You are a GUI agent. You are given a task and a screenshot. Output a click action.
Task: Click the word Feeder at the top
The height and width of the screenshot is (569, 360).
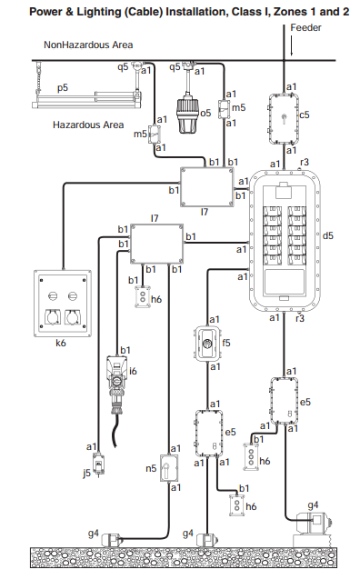(305, 27)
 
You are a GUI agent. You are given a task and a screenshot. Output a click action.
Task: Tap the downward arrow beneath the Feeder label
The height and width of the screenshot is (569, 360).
(292, 45)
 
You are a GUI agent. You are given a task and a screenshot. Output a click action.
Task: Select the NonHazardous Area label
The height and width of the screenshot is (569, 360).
(88, 45)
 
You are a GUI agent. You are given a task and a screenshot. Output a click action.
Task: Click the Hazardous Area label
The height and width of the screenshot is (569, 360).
(88, 125)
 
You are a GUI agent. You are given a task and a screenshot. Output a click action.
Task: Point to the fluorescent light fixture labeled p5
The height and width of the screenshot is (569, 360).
(86, 99)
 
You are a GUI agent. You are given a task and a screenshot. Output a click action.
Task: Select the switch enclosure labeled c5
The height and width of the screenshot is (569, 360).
(284, 119)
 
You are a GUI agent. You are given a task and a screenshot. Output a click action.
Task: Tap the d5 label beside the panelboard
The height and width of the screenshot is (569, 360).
(327, 235)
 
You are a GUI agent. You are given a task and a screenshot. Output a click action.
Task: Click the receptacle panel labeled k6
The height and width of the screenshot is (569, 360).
(63, 304)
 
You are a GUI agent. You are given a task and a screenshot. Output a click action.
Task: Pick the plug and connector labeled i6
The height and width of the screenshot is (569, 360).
(117, 384)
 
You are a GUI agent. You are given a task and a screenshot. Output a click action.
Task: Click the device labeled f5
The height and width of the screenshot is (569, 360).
(207, 344)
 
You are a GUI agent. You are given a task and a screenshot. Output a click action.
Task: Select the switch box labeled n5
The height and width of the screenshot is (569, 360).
(169, 468)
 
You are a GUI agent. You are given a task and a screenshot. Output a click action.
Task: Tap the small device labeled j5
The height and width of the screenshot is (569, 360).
(99, 463)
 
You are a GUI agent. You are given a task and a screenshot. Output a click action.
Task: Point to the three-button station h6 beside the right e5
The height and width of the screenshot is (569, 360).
(251, 457)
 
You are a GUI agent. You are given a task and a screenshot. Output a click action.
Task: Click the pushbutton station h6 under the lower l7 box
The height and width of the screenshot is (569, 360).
(143, 296)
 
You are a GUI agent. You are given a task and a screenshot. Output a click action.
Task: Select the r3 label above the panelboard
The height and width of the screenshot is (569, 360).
(305, 162)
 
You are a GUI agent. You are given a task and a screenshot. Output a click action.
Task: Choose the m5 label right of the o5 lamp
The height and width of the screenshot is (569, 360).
(238, 107)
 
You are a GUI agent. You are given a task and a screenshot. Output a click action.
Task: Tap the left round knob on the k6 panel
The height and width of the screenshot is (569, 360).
(53, 296)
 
